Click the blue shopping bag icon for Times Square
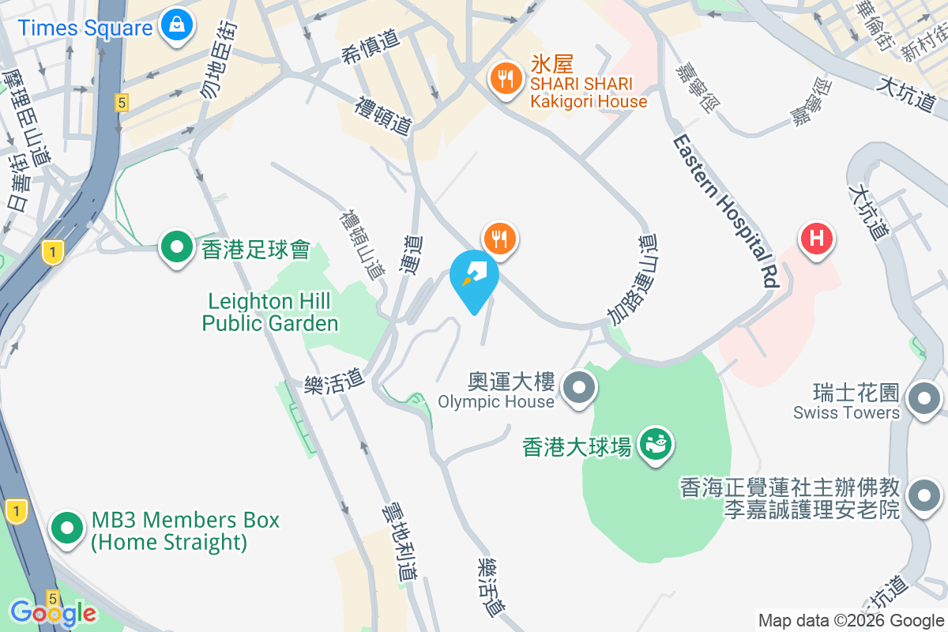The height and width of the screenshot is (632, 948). (176, 26)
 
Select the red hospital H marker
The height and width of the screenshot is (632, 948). (817, 238)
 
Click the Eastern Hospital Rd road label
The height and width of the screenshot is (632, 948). (726, 209)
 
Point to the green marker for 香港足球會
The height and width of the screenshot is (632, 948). (177, 250)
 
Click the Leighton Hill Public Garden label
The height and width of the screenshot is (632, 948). (270, 312)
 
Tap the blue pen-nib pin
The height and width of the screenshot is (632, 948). (474, 275)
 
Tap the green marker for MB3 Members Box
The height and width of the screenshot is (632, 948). (68, 529)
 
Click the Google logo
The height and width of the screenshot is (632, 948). (53, 612)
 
